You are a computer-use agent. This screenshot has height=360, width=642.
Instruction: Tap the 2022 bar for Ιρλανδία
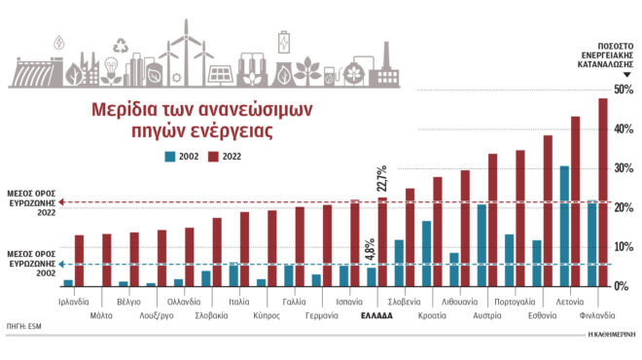(80, 260)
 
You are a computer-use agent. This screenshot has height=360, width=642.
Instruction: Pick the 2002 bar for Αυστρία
(481, 245)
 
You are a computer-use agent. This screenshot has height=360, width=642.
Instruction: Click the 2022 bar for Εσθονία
(548, 210)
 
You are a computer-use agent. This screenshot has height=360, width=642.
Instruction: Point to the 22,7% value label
(382, 178)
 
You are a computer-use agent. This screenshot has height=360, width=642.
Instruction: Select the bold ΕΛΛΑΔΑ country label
(376, 315)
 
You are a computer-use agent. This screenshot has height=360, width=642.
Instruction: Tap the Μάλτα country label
(100, 315)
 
